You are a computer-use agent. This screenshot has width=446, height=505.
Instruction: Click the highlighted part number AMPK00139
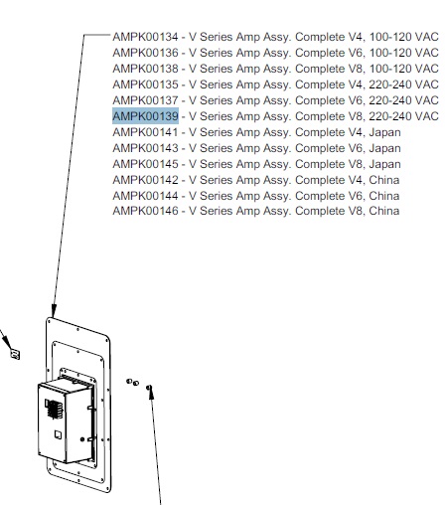click(x=145, y=116)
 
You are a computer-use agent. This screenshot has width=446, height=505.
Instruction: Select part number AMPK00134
click(x=145, y=37)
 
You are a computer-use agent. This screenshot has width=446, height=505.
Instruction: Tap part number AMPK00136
click(x=145, y=53)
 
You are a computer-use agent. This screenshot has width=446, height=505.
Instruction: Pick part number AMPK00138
click(x=145, y=69)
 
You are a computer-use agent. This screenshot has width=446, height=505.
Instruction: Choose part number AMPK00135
click(x=145, y=84)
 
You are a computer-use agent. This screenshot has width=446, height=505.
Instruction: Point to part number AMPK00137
click(x=145, y=100)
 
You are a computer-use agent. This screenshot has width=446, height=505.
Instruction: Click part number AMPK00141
click(x=145, y=132)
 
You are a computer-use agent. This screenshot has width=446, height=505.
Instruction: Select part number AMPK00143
click(x=145, y=148)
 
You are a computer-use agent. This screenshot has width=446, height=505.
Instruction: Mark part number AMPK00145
click(x=145, y=164)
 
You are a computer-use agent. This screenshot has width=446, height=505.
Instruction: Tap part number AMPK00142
click(x=145, y=180)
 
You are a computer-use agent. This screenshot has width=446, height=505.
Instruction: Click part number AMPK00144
click(x=145, y=196)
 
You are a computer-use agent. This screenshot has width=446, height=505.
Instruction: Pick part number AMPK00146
click(x=145, y=211)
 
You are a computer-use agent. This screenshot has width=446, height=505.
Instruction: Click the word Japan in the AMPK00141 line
click(x=384, y=132)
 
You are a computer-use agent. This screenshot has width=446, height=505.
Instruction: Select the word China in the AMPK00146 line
click(x=384, y=211)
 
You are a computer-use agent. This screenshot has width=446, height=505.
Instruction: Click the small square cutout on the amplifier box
click(x=58, y=434)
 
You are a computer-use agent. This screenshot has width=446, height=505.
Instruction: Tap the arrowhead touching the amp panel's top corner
click(x=53, y=312)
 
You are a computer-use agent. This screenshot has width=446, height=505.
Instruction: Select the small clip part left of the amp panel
click(x=15, y=354)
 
